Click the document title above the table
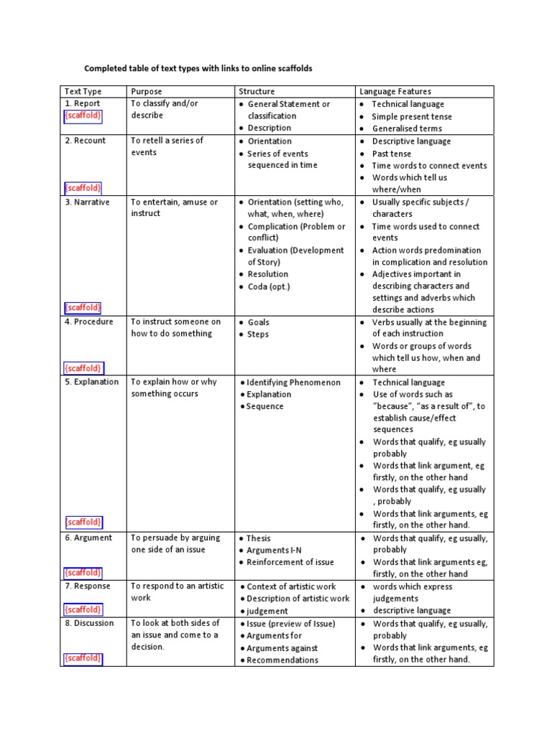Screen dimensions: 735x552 coord(198,69)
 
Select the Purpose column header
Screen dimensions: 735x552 coord(147,91)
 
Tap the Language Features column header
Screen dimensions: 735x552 coord(395,91)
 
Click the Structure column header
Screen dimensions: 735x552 coord(257,91)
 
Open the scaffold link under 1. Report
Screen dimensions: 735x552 coord(83,116)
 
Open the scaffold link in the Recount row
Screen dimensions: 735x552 coord(83,188)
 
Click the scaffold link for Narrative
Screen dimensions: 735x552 coord(83,307)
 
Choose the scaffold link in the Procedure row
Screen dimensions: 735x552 coord(83,367)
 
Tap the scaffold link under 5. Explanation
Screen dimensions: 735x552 coord(83,522)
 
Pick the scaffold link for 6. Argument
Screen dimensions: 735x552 coord(83,573)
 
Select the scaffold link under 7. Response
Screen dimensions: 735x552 coord(83,609)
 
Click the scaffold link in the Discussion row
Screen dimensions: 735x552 coord(83,657)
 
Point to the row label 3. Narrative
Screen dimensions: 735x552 coord(88,202)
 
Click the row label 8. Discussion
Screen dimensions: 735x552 coord(89,623)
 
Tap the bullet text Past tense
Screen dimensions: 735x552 coord(392,154)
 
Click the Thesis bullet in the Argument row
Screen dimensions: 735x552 coord(259,538)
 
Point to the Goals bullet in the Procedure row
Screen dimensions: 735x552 coord(259,322)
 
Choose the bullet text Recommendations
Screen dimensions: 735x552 coord(282,660)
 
